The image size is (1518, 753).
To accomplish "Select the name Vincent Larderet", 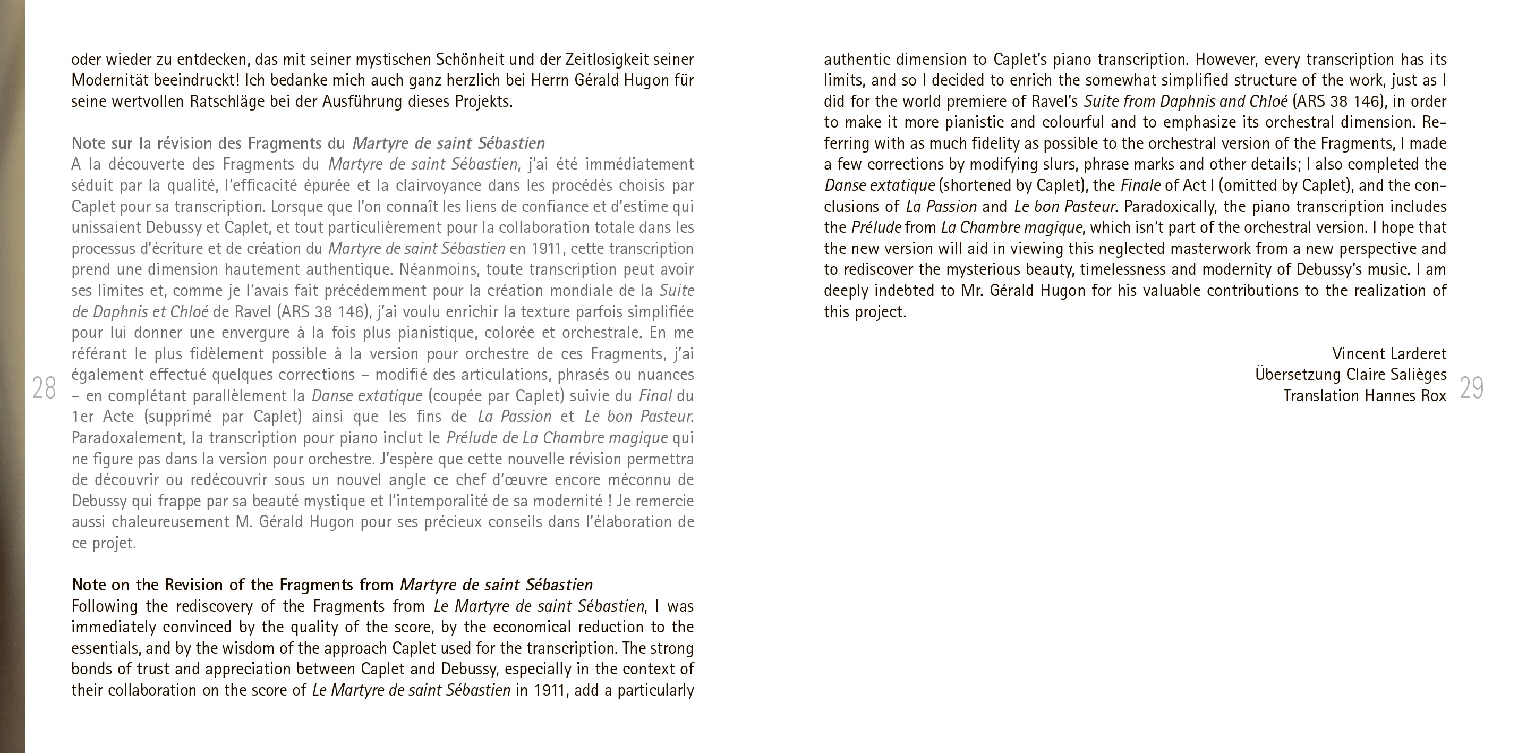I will click(1389, 354).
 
